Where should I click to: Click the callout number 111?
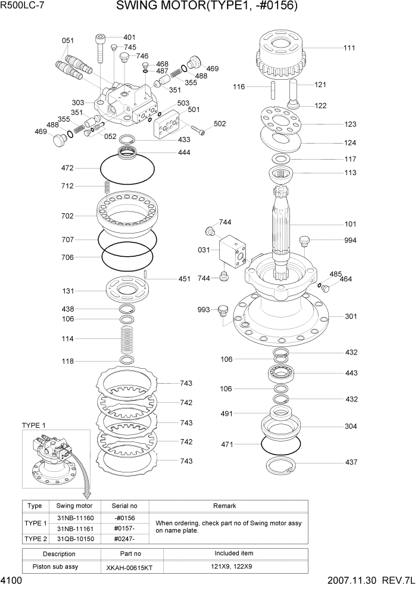click(350, 48)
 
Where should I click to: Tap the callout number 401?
click(129, 37)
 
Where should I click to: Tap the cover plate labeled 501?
click(169, 125)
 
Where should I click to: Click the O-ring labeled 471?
click(281, 444)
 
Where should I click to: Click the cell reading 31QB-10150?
click(77, 539)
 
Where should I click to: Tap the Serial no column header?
click(124, 506)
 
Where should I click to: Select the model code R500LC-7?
click(23, 5)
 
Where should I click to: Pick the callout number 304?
click(351, 427)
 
